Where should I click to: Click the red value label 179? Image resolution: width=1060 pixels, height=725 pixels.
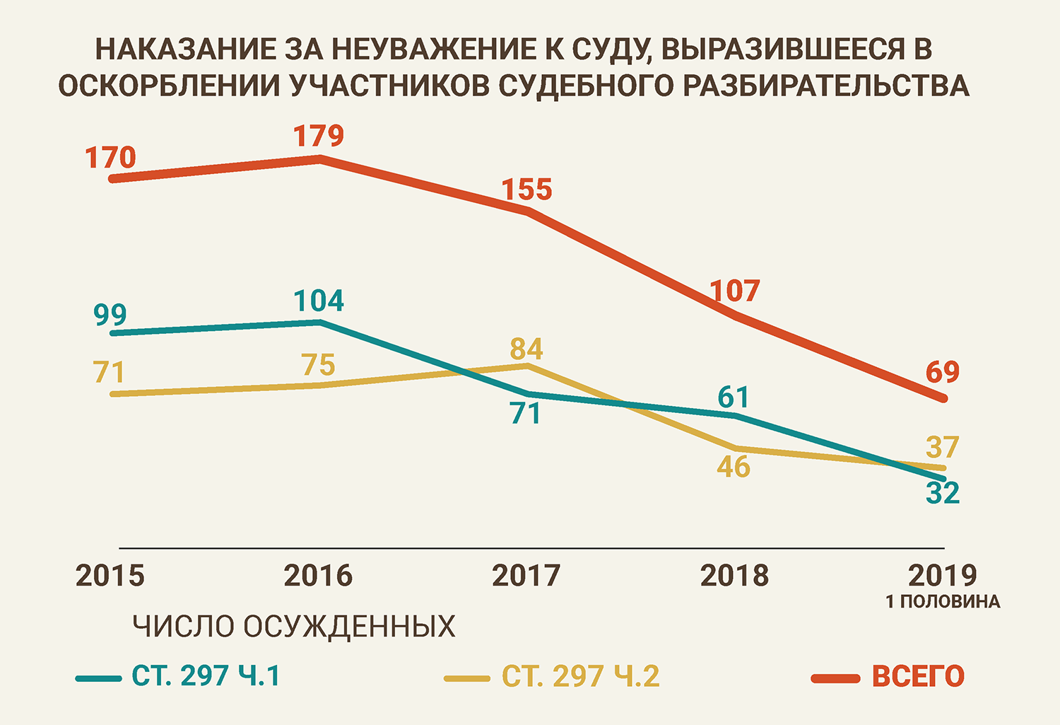(319, 136)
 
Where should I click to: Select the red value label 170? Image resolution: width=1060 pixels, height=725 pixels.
(110, 158)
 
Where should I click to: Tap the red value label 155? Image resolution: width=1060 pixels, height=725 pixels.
(527, 190)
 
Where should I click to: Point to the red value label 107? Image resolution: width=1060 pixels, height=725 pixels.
(735, 291)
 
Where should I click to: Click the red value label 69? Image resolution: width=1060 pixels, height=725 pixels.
(943, 372)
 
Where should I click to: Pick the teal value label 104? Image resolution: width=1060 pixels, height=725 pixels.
(319, 301)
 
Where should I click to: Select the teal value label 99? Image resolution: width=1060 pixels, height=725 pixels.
(110, 315)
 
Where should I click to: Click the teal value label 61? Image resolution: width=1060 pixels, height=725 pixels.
(733, 398)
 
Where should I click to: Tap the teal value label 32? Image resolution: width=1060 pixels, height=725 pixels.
(943, 493)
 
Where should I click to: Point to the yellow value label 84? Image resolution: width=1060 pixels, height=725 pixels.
(526, 349)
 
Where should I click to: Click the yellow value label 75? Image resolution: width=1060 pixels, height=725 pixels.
(318, 365)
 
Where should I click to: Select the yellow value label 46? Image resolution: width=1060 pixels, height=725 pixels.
(733, 467)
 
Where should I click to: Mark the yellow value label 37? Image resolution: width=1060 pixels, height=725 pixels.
(943, 447)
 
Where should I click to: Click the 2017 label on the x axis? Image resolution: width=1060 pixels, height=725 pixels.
(526, 576)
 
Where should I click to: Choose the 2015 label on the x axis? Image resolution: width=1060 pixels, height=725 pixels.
(110, 576)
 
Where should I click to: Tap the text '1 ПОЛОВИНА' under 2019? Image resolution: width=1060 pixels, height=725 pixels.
(943, 602)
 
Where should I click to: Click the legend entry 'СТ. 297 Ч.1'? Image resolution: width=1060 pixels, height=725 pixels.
(206, 676)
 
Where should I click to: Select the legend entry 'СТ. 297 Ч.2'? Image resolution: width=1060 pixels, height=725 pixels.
(580, 676)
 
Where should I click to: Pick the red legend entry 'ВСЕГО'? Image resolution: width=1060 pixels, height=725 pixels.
(918, 676)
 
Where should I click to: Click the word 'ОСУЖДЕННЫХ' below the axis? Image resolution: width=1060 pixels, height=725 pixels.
(349, 627)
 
